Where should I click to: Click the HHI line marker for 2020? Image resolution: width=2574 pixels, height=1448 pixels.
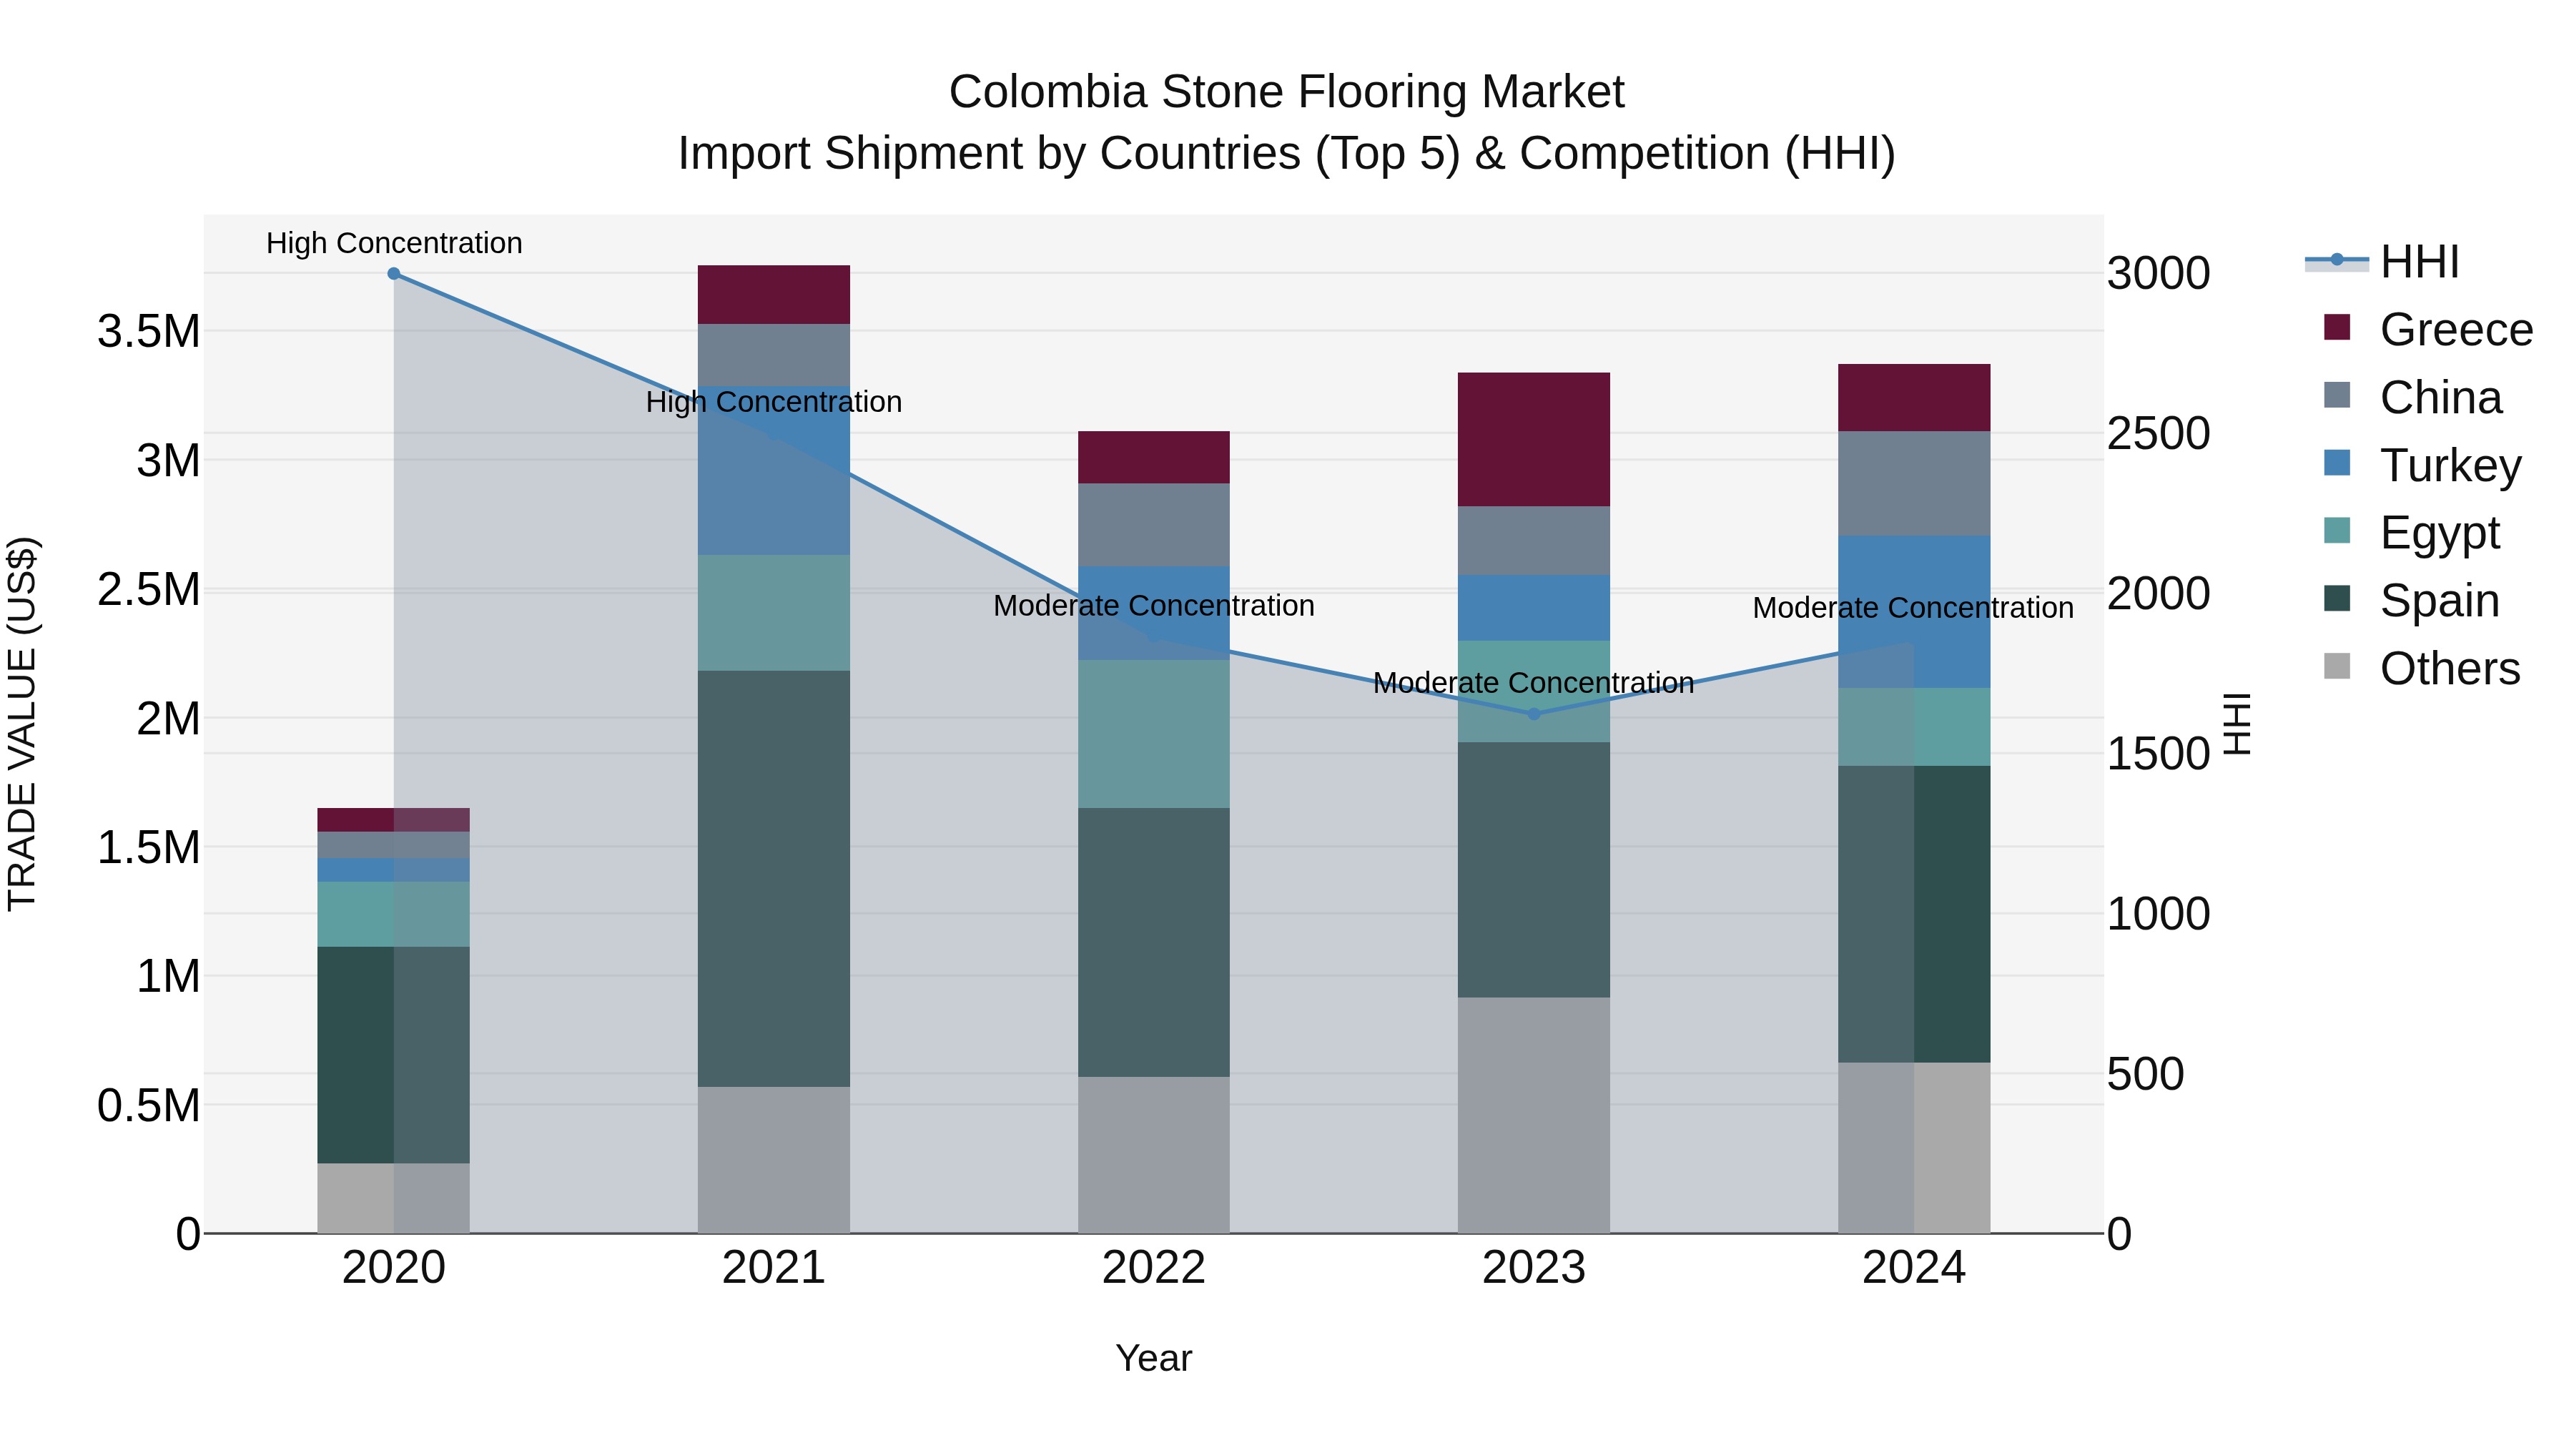(394, 274)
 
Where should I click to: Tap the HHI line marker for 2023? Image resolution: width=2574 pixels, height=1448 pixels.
(1534, 714)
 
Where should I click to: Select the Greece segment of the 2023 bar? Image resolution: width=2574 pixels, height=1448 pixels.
(1534, 439)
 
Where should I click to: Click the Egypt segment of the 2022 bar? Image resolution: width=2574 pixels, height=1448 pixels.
(1153, 734)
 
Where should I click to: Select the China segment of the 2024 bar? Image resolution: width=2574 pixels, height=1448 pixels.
(1913, 483)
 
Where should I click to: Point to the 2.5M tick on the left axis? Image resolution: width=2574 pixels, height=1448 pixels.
(148, 590)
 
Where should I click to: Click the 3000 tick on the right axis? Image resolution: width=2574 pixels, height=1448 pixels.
(2159, 274)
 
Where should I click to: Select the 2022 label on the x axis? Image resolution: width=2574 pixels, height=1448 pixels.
(1153, 1267)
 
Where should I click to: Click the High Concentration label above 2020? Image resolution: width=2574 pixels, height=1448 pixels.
(394, 243)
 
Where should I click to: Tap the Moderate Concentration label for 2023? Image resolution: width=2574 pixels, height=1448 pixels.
(1533, 683)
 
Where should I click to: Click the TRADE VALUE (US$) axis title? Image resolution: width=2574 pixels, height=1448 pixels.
(22, 724)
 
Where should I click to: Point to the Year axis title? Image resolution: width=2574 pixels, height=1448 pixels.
(1153, 1358)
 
